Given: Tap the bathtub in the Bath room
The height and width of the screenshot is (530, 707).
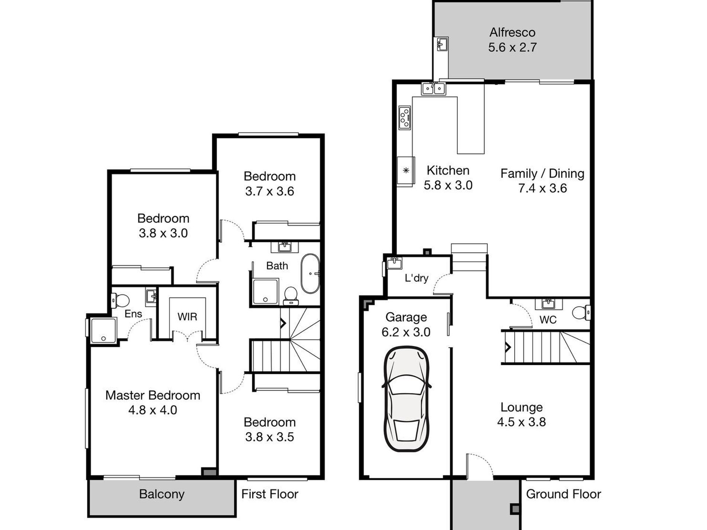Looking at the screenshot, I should pyautogui.click(x=310, y=274).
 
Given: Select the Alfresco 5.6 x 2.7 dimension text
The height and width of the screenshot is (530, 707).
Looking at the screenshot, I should pyautogui.click(x=512, y=48).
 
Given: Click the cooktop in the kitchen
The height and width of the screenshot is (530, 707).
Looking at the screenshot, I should pyautogui.click(x=404, y=118).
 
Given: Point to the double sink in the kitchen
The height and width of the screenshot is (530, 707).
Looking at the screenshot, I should pyautogui.click(x=433, y=89).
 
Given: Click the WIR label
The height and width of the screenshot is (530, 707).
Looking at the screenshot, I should pyautogui.click(x=187, y=317).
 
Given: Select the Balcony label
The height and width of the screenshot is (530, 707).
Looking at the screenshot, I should pyautogui.click(x=161, y=494).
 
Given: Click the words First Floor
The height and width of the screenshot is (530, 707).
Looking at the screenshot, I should pyautogui.click(x=269, y=494).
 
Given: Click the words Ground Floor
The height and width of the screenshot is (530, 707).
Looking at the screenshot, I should pyautogui.click(x=563, y=494).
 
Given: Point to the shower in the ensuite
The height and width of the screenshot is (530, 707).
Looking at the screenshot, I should pyautogui.click(x=103, y=331).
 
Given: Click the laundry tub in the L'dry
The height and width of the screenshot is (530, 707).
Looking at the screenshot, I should pyautogui.click(x=394, y=263).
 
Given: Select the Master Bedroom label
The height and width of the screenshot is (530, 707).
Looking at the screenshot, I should pyautogui.click(x=153, y=395).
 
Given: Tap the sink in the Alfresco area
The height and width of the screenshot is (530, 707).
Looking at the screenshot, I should pyautogui.click(x=442, y=44).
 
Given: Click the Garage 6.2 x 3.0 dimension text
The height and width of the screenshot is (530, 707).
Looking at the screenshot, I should pyautogui.click(x=406, y=332).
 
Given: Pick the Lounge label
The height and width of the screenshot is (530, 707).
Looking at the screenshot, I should pyautogui.click(x=521, y=407).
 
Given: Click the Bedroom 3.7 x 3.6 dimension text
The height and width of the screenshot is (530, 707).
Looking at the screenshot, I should pyautogui.click(x=269, y=191).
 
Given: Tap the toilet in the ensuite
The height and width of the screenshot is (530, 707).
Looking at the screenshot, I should pyautogui.click(x=121, y=300).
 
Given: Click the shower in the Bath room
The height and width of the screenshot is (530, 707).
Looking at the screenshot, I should pyautogui.click(x=265, y=291).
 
